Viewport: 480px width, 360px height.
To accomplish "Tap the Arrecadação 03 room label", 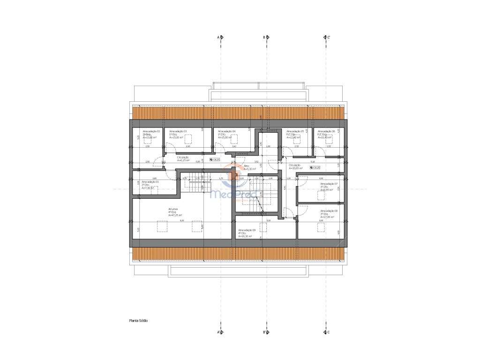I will (x=178, y=131).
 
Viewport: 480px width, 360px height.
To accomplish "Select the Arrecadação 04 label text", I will (x=227, y=131).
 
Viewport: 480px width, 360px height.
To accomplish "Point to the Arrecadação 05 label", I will (x=296, y=131).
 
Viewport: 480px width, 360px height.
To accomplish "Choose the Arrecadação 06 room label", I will (x=326, y=131).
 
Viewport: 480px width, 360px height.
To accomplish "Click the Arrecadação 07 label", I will (x=329, y=184).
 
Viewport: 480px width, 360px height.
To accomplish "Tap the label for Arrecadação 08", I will (x=329, y=211).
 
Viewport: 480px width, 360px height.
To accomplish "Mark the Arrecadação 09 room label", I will (x=247, y=230).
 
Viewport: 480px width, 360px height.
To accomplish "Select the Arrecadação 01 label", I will (x=150, y=181).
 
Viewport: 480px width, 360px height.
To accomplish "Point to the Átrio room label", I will (x=247, y=165).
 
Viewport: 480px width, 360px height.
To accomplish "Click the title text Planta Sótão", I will (x=139, y=321).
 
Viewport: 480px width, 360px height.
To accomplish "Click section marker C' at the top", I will (x=327, y=37).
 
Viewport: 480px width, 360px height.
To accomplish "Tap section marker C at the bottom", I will (x=327, y=332).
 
